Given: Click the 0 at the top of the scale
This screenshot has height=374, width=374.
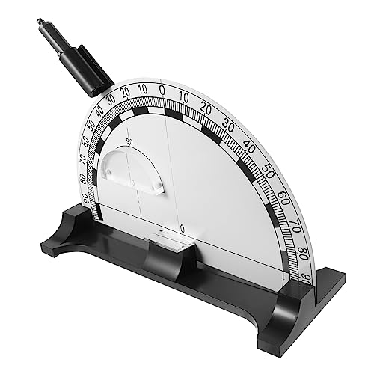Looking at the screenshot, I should (162, 88).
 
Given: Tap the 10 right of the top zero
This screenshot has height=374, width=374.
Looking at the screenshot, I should (184, 95).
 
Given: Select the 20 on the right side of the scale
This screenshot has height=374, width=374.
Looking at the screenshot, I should (206, 107).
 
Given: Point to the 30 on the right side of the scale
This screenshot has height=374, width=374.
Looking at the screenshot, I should (228, 123).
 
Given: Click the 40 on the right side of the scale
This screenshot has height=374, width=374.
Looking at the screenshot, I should (248, 144).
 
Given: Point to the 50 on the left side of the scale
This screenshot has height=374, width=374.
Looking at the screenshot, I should (93, 126).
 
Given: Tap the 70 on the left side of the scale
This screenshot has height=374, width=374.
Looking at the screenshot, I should (85, 159).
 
